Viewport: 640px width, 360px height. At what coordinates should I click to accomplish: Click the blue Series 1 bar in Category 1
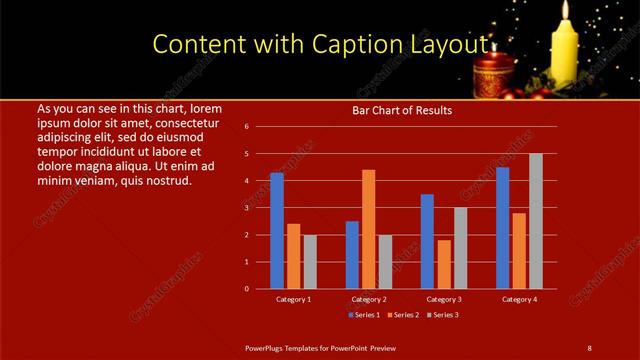click(277, 230)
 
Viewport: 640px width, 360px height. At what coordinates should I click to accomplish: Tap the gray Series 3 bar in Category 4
click(536, 221)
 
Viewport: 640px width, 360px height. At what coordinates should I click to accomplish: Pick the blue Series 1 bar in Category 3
click(427, 241)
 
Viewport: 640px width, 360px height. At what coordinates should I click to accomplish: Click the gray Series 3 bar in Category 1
click(310, 261)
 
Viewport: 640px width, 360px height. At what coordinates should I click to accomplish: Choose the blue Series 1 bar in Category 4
click(502, 227)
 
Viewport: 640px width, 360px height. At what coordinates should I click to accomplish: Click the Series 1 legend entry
click(364, 315)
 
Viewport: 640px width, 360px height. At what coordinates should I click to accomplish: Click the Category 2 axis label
click(369, 299)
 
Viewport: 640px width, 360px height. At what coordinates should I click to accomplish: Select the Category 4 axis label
click(519, 299)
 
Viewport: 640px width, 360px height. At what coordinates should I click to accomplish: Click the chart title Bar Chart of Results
click(402, 110)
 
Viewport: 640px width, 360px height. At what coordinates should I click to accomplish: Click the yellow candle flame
click(566, 11)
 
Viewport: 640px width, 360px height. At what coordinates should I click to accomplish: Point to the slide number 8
click(588, 347)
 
